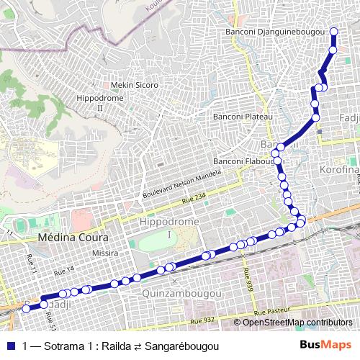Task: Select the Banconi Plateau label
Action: point(242,116)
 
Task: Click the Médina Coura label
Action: point(73,237)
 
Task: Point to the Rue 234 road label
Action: point(195,201)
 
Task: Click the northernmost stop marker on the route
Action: point(333,31)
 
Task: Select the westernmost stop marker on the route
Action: point(27,308)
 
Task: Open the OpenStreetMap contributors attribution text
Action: point(297,322)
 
